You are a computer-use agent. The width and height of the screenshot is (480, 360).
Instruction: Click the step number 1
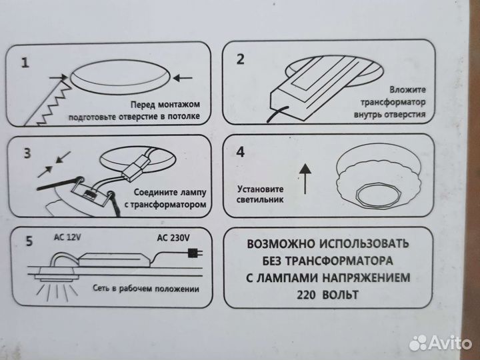tap(25, 64)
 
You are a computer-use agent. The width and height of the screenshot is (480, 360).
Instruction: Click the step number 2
tap(241, 59)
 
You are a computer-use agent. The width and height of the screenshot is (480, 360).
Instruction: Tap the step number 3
tap(27, 153)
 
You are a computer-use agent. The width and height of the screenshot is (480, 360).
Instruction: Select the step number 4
tap(241, 151)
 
